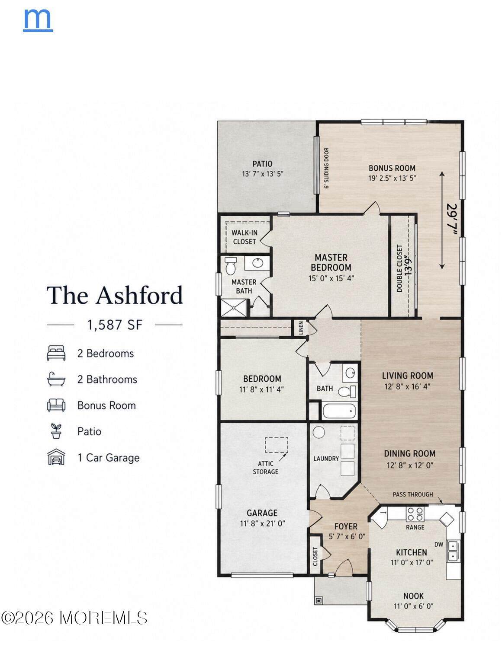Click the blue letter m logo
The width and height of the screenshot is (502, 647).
(38, 20)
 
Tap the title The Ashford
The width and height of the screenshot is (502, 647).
(115, 295)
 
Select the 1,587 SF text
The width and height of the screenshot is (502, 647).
(115, 325)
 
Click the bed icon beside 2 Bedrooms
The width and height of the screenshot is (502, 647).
(56, 353)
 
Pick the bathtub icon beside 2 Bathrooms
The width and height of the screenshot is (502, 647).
(56, 379)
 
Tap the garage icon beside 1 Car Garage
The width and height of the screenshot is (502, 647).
(56, 457)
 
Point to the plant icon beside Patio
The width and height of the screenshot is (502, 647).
(56, 431)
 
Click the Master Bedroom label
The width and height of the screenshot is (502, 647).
(331, 262)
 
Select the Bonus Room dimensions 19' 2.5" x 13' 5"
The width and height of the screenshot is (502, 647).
(392, 178)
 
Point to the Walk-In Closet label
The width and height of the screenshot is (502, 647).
(245, 237)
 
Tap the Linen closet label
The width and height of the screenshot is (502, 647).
(301, 328)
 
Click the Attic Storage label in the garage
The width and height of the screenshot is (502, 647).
(265, 468)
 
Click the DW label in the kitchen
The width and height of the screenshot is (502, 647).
(439, 544)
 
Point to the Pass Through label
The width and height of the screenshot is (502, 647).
(412, 494)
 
